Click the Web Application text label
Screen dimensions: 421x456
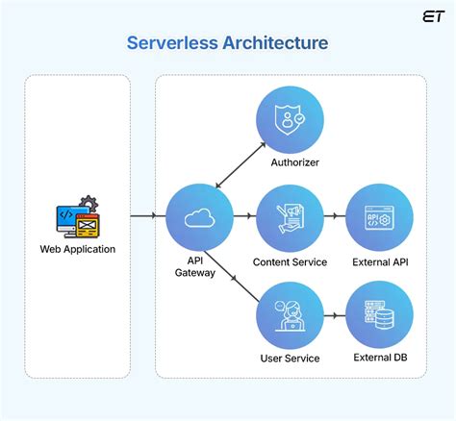click(x=77, y=250)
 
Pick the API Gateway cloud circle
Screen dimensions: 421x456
click(x=199, y=218)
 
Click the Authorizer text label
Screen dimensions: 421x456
click(x=290, y=163)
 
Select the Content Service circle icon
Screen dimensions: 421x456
click(x=290, y=218)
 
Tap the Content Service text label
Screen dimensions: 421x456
click(x=290, y=262)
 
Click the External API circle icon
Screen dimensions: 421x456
click(x=379, y=218)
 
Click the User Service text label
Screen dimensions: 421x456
click(x=290, y=359)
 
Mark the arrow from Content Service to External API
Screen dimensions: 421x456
click(x=334, y=218)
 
